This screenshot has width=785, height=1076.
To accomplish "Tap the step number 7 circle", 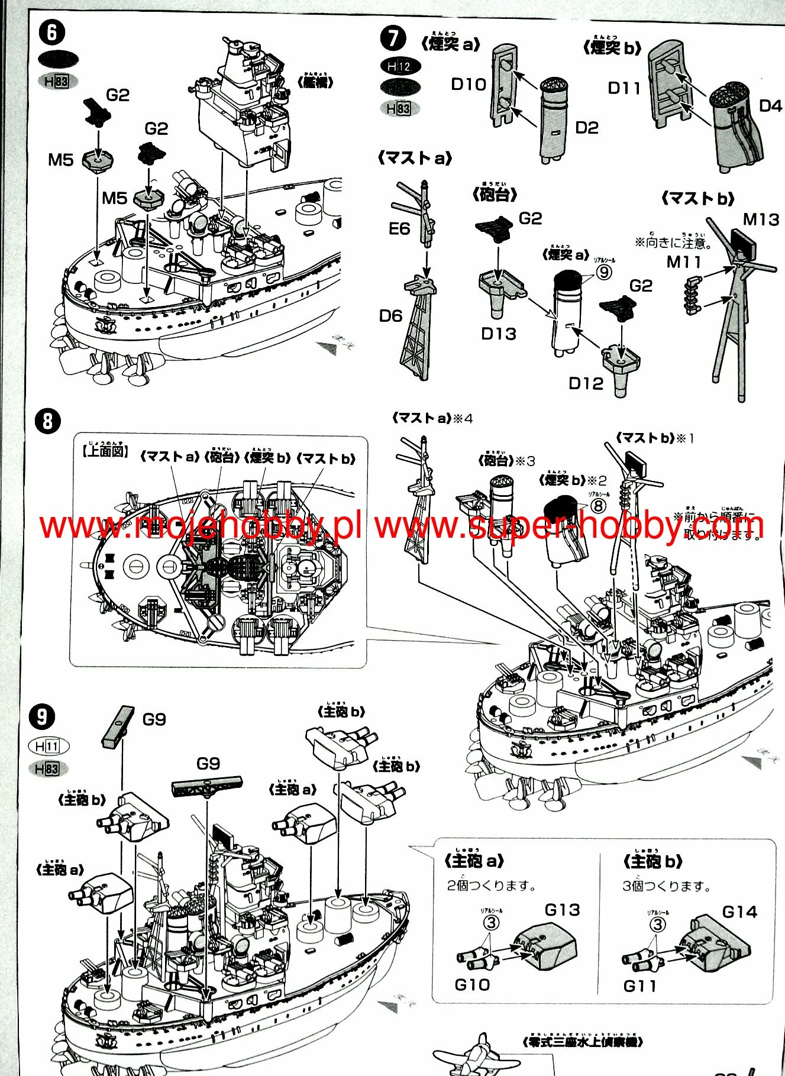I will (x=393, y=39).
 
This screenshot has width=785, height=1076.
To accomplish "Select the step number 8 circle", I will (x=47, y=421).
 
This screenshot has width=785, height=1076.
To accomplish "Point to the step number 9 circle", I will (x=42, y=717).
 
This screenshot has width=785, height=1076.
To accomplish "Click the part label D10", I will (x=469, y=85).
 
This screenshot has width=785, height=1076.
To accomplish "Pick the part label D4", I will (x=770, y=106).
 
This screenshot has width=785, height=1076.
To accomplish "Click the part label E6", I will (x=399, y=229).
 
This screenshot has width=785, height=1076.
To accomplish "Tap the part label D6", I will (x=390, y=316).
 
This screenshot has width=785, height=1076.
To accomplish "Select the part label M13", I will (x=761, y=220).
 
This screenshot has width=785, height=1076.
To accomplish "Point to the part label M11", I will (x=684, y=262).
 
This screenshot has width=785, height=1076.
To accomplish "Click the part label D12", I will (x=586, y=383).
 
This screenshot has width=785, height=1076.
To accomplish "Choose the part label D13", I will (x=498, y=334).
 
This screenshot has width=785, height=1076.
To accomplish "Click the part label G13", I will (x=562, y=910).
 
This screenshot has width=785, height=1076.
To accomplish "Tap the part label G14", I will (x=739, y=912).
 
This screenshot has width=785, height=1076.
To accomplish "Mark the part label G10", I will (x=472, y=985).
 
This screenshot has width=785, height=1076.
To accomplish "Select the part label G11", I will (x=639, y=986).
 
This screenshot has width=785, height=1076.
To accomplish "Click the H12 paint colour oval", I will (x=400, y=67).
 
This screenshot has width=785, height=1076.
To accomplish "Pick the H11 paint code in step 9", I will (x=48, y=747).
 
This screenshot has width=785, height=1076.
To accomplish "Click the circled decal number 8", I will (x=599, y=506).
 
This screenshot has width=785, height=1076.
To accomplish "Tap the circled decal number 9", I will (x=603, y=272).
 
